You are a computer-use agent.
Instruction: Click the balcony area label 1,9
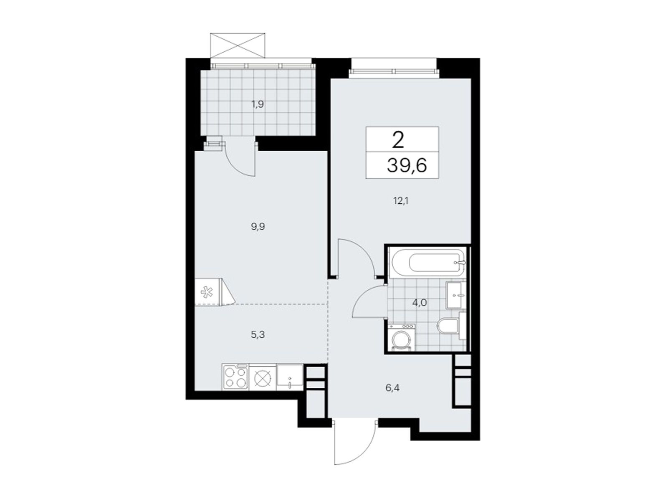pos(257,104)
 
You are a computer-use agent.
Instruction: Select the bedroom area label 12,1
pos(400,201)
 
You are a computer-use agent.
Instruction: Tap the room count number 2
pos(398,141)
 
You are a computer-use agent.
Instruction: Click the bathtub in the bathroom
pos(428,263)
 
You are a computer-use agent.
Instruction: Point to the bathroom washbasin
pos(455,295)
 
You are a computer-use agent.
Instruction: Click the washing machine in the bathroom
pos(402,337)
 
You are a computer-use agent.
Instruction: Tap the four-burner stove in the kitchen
pos(235,377)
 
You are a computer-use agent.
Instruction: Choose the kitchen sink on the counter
pos(290,377)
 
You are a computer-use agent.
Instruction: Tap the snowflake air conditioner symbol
pos(206,292)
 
